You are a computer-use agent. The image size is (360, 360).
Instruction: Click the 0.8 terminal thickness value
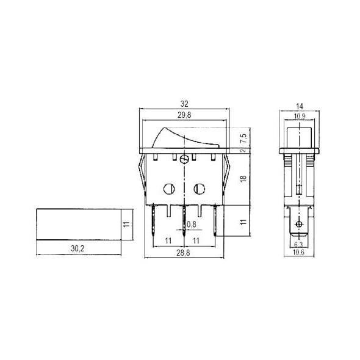tap(192, 224)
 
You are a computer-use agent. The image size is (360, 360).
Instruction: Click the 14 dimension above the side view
tap(299, 104)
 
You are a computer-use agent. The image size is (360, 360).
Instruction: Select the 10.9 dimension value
tap(299, 115)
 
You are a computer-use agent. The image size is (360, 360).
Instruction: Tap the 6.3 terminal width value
tap(298, 244)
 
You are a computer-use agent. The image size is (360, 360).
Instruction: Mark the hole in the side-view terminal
tap(298, 226)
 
